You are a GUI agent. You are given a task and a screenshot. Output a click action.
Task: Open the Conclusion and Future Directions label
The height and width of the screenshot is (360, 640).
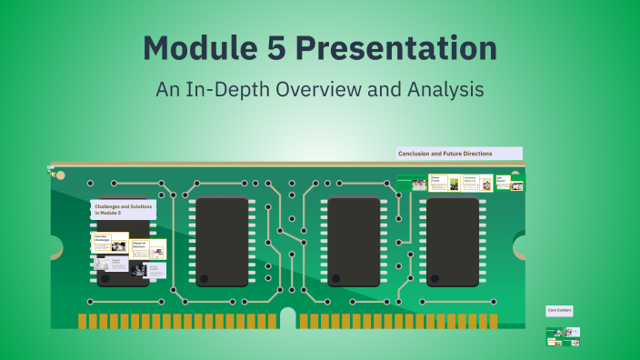[x=459, y=154]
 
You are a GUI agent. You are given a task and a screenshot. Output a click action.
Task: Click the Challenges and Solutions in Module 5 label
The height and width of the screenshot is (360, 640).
[x=123, y=209]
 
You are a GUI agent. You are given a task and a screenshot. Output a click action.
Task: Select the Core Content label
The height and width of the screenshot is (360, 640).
[x=558, y=310]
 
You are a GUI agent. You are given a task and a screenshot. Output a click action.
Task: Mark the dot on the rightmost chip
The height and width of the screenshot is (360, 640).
[x=435, y=277]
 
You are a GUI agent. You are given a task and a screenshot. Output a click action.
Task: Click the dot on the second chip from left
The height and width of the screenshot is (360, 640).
[x=205, y=277]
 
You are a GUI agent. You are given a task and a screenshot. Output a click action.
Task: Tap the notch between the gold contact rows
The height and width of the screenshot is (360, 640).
[x=288, y=318]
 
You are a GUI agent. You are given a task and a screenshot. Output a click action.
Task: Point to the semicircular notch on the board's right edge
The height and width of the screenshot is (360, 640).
[x=520, y=246]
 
